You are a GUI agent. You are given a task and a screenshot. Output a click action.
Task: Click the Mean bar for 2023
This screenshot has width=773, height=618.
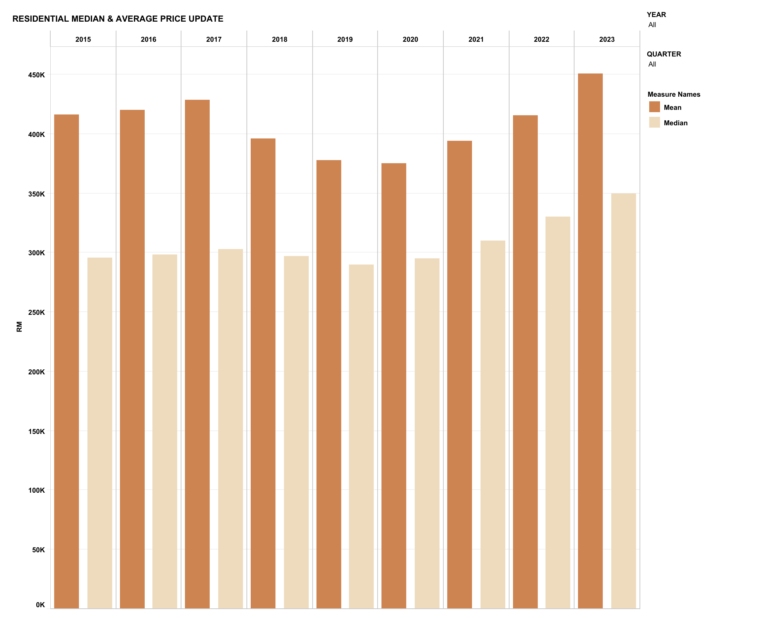click(590, 340)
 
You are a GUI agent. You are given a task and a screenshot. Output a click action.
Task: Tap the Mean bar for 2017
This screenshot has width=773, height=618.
click(197, 354)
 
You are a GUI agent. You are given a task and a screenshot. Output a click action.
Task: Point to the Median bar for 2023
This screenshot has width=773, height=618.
click(623, 400)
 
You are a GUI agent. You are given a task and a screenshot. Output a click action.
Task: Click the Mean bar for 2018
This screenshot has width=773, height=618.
click(263, 373)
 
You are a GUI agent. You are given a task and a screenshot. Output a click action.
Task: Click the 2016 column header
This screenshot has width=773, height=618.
click(149, 39)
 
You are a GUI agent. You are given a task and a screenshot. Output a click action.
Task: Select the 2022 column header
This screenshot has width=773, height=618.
click(541, 39)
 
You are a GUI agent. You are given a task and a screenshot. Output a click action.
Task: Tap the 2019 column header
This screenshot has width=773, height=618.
click(345, 39)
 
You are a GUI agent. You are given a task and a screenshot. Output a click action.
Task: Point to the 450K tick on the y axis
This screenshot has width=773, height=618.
click(36, 75)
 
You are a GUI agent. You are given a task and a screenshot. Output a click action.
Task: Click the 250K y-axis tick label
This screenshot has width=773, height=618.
click(36, 312)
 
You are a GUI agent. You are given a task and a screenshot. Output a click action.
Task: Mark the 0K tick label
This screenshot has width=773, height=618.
click(40, 605)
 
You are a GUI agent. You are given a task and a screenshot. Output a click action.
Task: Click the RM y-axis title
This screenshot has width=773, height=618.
click(19, 327)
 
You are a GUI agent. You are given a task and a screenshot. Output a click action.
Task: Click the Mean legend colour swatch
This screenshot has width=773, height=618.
click(654, 107)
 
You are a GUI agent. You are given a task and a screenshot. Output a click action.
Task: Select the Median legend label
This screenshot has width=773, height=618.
click(676, 123)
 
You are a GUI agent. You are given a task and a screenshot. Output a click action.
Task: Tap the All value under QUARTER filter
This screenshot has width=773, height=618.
click(652, 64)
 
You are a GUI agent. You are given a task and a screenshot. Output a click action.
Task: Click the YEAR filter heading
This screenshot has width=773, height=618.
click(656, 15)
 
